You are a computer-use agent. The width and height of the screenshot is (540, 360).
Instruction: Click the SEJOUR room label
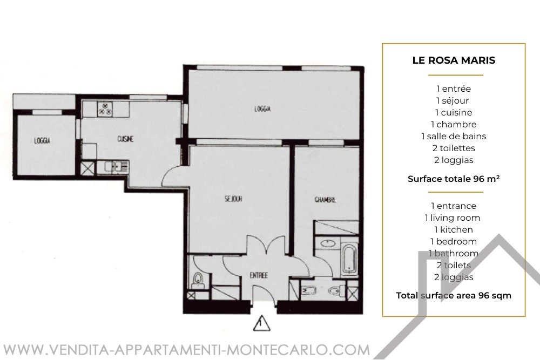point(233,199)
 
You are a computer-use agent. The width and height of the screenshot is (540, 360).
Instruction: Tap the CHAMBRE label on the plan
point(325,200)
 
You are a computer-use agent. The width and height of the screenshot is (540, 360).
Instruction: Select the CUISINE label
point(125,139)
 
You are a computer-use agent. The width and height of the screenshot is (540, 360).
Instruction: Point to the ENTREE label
point(259,275)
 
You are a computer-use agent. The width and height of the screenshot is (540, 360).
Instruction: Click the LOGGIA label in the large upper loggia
point(262,109)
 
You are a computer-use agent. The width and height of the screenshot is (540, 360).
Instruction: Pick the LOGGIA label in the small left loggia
point(42,141)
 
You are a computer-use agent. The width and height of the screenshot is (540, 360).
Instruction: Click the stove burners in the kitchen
point(105,108)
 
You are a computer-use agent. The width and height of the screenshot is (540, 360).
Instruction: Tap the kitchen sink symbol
point(117,167)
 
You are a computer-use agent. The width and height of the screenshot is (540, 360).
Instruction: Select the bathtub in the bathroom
point(350,259)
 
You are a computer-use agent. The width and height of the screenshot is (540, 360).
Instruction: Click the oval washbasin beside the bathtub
point(328,243)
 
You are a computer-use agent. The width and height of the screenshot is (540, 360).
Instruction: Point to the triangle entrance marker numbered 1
point(262,323)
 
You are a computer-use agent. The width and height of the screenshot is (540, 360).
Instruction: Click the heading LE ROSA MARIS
point(454,60)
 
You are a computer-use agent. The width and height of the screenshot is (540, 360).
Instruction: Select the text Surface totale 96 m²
point(454,179)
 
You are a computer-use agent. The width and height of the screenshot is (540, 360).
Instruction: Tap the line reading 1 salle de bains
point(454,137)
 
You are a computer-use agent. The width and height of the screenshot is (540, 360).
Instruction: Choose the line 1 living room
point(453,218)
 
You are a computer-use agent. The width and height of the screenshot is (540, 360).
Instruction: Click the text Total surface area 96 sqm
point(454,296)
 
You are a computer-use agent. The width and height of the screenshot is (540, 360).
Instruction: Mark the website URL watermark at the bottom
point(186,350)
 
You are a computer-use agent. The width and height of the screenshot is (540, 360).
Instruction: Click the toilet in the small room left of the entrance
point(198,280)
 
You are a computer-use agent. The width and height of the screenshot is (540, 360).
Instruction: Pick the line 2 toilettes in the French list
point(454,148)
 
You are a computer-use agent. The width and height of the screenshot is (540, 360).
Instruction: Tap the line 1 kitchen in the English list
point(454,229)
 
